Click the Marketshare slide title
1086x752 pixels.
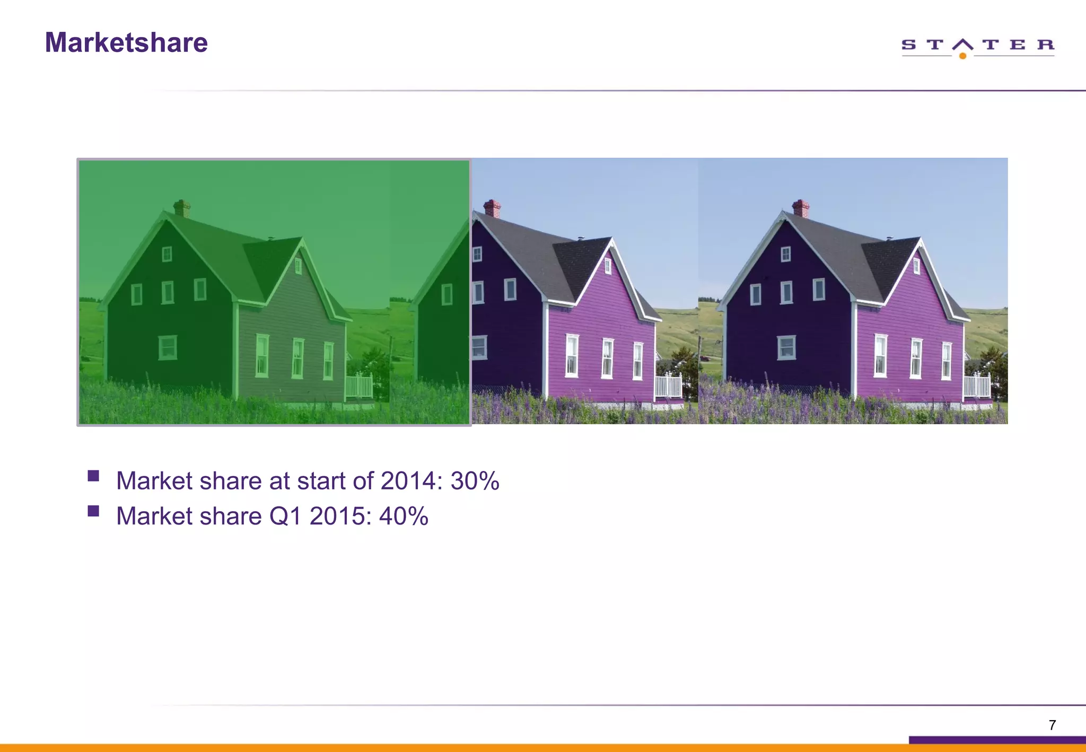126,42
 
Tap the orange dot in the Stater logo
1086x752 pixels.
962,56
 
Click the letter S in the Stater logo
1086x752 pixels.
908,45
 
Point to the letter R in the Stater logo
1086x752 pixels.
1046,45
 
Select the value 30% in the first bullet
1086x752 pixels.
475,481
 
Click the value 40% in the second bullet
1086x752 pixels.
404,516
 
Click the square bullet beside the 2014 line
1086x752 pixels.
94,476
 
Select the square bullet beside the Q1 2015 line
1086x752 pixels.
94,511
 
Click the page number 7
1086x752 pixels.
1052,725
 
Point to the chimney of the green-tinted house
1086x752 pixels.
182,208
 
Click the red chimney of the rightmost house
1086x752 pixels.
801,208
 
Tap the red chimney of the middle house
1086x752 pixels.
492,208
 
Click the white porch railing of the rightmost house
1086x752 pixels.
977,386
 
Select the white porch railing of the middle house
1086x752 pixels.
668,387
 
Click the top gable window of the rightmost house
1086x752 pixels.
786,254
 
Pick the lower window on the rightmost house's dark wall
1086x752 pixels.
786,347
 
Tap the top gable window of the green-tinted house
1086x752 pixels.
167,254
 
